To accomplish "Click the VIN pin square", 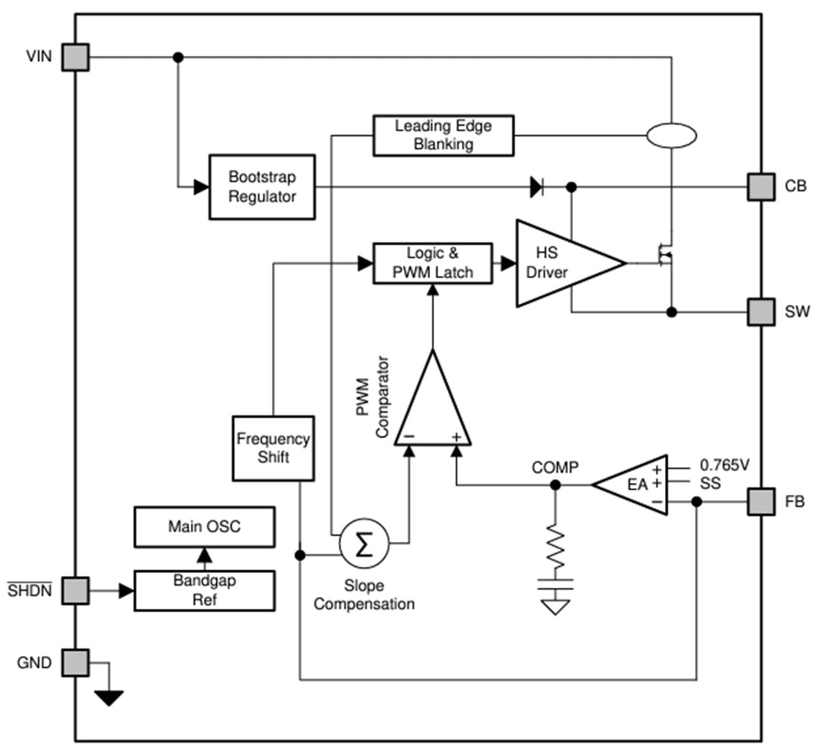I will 75,57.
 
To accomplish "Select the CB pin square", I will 761,186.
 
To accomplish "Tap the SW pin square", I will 761,312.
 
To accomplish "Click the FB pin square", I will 761,502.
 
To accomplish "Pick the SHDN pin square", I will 75,591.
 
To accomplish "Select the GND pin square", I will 75,662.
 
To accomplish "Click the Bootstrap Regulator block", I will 262,187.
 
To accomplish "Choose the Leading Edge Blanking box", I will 443,135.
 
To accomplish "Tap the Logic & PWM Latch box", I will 432,263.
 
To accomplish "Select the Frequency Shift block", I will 273,448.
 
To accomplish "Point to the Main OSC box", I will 204,527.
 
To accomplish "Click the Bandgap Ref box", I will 204,590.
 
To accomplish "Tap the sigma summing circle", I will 364,545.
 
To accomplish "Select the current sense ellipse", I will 671,136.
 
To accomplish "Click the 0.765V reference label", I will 724,465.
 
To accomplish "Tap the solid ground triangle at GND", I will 109,698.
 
